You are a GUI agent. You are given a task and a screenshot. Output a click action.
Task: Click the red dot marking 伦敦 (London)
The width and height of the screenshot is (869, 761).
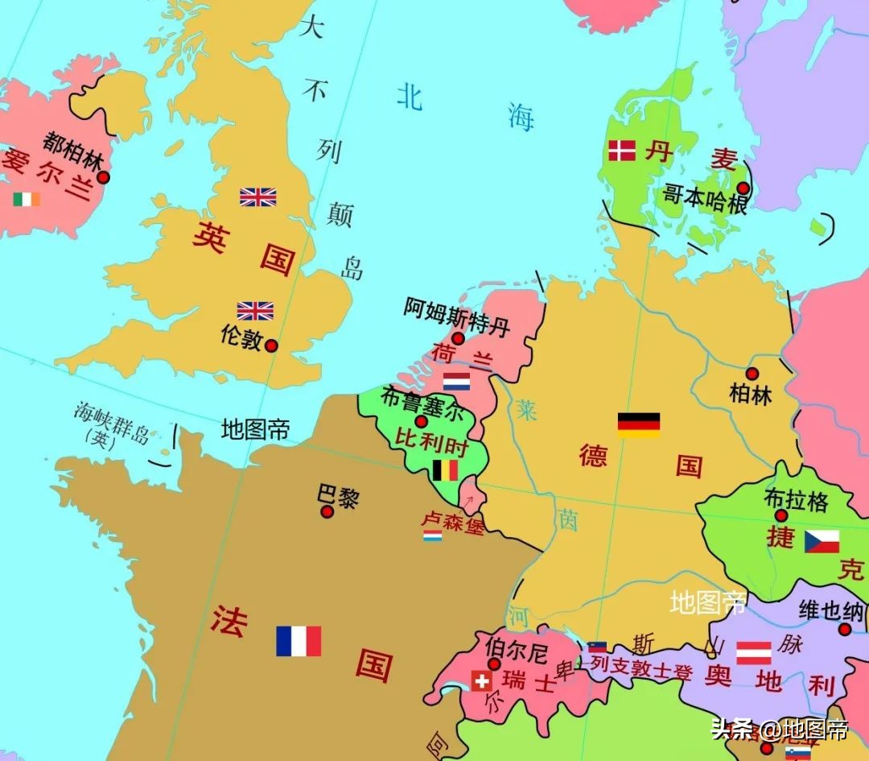tap(271, 345)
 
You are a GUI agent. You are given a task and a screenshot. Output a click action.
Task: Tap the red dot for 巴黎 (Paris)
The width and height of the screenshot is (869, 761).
tap(327, 511)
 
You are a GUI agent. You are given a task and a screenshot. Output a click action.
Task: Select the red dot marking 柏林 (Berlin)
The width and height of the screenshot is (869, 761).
tap(752, 374)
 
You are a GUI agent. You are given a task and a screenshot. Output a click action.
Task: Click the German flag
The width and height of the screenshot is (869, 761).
tap(639, 424)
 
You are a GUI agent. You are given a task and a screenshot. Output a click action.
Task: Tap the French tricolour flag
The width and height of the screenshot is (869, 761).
tap(299, 641)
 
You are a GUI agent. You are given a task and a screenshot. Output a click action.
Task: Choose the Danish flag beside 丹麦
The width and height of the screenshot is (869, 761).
tap(622, 151)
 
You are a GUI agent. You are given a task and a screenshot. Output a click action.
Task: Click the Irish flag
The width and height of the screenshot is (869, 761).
tap(27, 199)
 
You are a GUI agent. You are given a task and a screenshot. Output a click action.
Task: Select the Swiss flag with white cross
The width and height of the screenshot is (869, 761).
tap(481, 681)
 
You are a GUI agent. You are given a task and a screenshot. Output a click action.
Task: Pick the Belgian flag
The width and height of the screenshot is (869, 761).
tap(445, 469)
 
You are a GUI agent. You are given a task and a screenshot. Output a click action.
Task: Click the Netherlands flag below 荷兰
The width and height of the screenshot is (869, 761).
tap(456, 381)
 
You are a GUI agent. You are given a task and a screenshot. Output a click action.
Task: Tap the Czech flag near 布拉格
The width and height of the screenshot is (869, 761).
tap(822, 541)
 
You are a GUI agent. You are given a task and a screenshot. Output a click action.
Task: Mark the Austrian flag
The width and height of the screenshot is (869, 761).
tap(754, 652)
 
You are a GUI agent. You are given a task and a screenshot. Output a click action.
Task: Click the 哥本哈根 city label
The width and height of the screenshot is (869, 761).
tap(705, 199)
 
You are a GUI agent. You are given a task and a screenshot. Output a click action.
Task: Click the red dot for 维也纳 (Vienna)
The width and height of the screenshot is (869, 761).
tap(845, 629)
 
